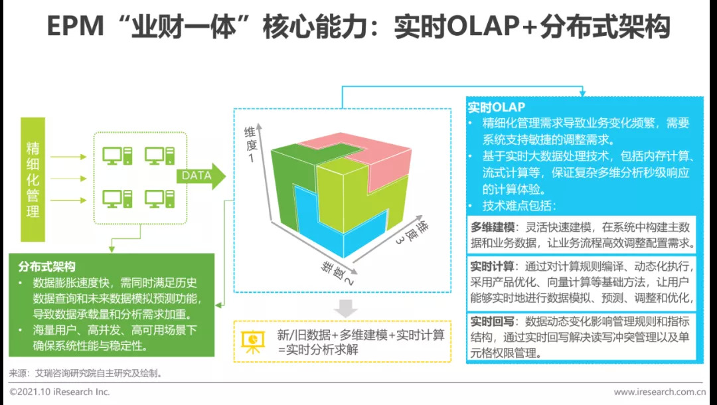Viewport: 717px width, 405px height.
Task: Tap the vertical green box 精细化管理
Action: [x=33, y=179]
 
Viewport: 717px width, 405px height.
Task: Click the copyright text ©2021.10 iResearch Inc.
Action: [x=60, y=392]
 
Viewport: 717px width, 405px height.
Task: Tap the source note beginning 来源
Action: [x=86, y=373]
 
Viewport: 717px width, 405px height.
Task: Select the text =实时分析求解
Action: [x=318, y=350]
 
